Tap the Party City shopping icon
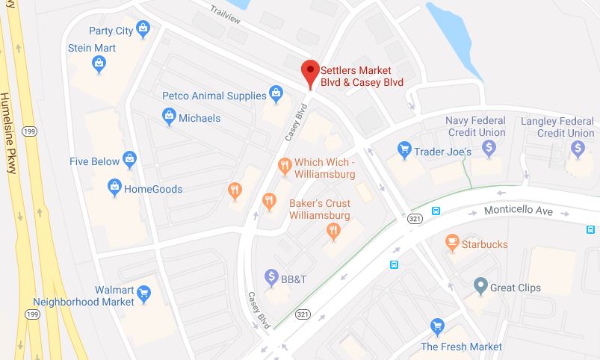point(143,30)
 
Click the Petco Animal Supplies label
point(214,96)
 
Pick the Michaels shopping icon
point(169,117)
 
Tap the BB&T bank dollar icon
point(272,277)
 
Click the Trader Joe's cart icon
point(405,151)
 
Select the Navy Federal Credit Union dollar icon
point(489,148)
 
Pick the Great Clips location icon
point(481,286)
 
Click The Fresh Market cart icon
point(438,326)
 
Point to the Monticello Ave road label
point(518,211)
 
